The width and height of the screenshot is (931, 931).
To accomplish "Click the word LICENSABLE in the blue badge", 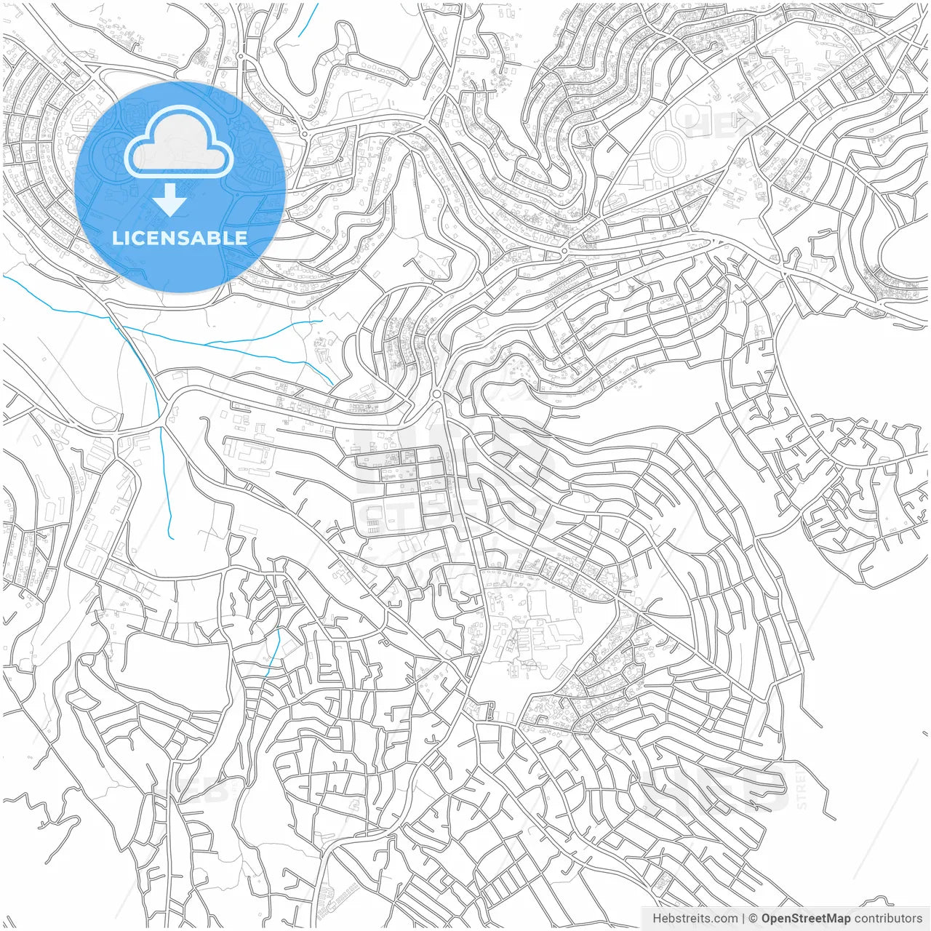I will (180, 238).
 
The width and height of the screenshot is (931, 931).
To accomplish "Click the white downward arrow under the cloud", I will (169, 200).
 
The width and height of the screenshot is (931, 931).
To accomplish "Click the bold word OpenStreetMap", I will (806, 919).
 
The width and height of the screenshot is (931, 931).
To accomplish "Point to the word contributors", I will (888, 919).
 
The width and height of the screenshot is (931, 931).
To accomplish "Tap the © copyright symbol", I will (754, 919).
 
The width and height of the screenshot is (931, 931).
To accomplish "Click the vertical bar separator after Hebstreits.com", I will (743, 919).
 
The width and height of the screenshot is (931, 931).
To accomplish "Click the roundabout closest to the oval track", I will (564, 251).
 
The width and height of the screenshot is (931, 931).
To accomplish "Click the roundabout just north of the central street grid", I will (436, 394).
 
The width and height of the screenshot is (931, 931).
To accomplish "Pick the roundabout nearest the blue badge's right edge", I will (304, 134).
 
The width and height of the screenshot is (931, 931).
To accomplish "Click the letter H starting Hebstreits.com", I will (657, 919).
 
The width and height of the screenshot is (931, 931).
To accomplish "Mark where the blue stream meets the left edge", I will (4, 276).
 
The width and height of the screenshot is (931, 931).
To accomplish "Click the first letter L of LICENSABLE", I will (116, 238).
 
